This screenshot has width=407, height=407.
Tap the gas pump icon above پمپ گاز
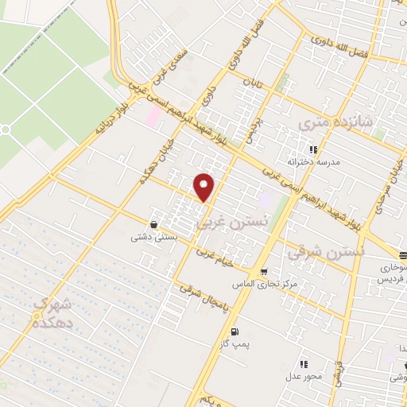pos(234,332)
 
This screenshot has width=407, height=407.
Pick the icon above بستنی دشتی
pos(153,224)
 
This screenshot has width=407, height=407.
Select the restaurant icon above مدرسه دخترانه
pos(313,149)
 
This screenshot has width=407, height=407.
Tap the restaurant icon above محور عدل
pos(304,362)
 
